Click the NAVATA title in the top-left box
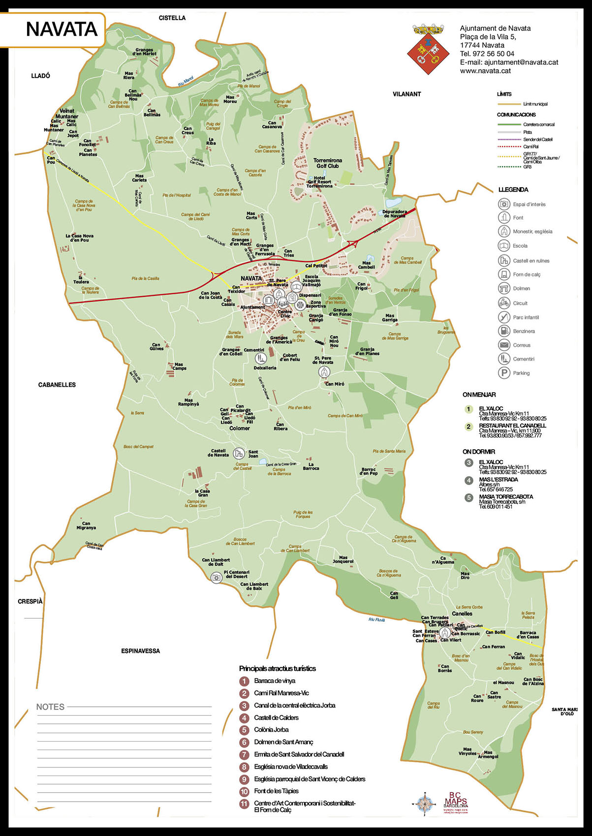pyautogui.click(x=62, y=29)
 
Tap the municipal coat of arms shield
pyautogui.click(x=428, y=50)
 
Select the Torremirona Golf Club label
pyautogui.click(x=328, y=163)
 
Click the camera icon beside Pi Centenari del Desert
pyautogui.click(x=216, y=577)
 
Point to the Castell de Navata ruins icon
pyautogui.click(x=238, y=453)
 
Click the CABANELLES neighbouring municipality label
pyautogui.click(x=57, y=385)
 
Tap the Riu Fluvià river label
pyautogui.click(x=376, y=620)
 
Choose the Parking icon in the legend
pyautogui.click(x=504, y=373)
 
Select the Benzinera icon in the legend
pyautogui.click(x=504, y=331)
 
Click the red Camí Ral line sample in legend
pyautogui.click(x=509, y=146)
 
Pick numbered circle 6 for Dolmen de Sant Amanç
pyautogui.click(x=244, y=742)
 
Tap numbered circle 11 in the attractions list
pyautogui.click(x=244, y=804)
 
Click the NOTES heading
pyautogui.click(x=50, y=707)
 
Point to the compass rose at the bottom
pyautogui.click(x=424, y=804)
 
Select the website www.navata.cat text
pyautogui.click(x=485, y=71)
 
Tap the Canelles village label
pyautogui.click(x=462, y=613)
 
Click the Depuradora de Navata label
pyautogui.click(x=394, y=214)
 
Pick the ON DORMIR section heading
pyautogui.click(x=478, y=452)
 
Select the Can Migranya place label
pyautogui.click(x=86, y=525)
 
